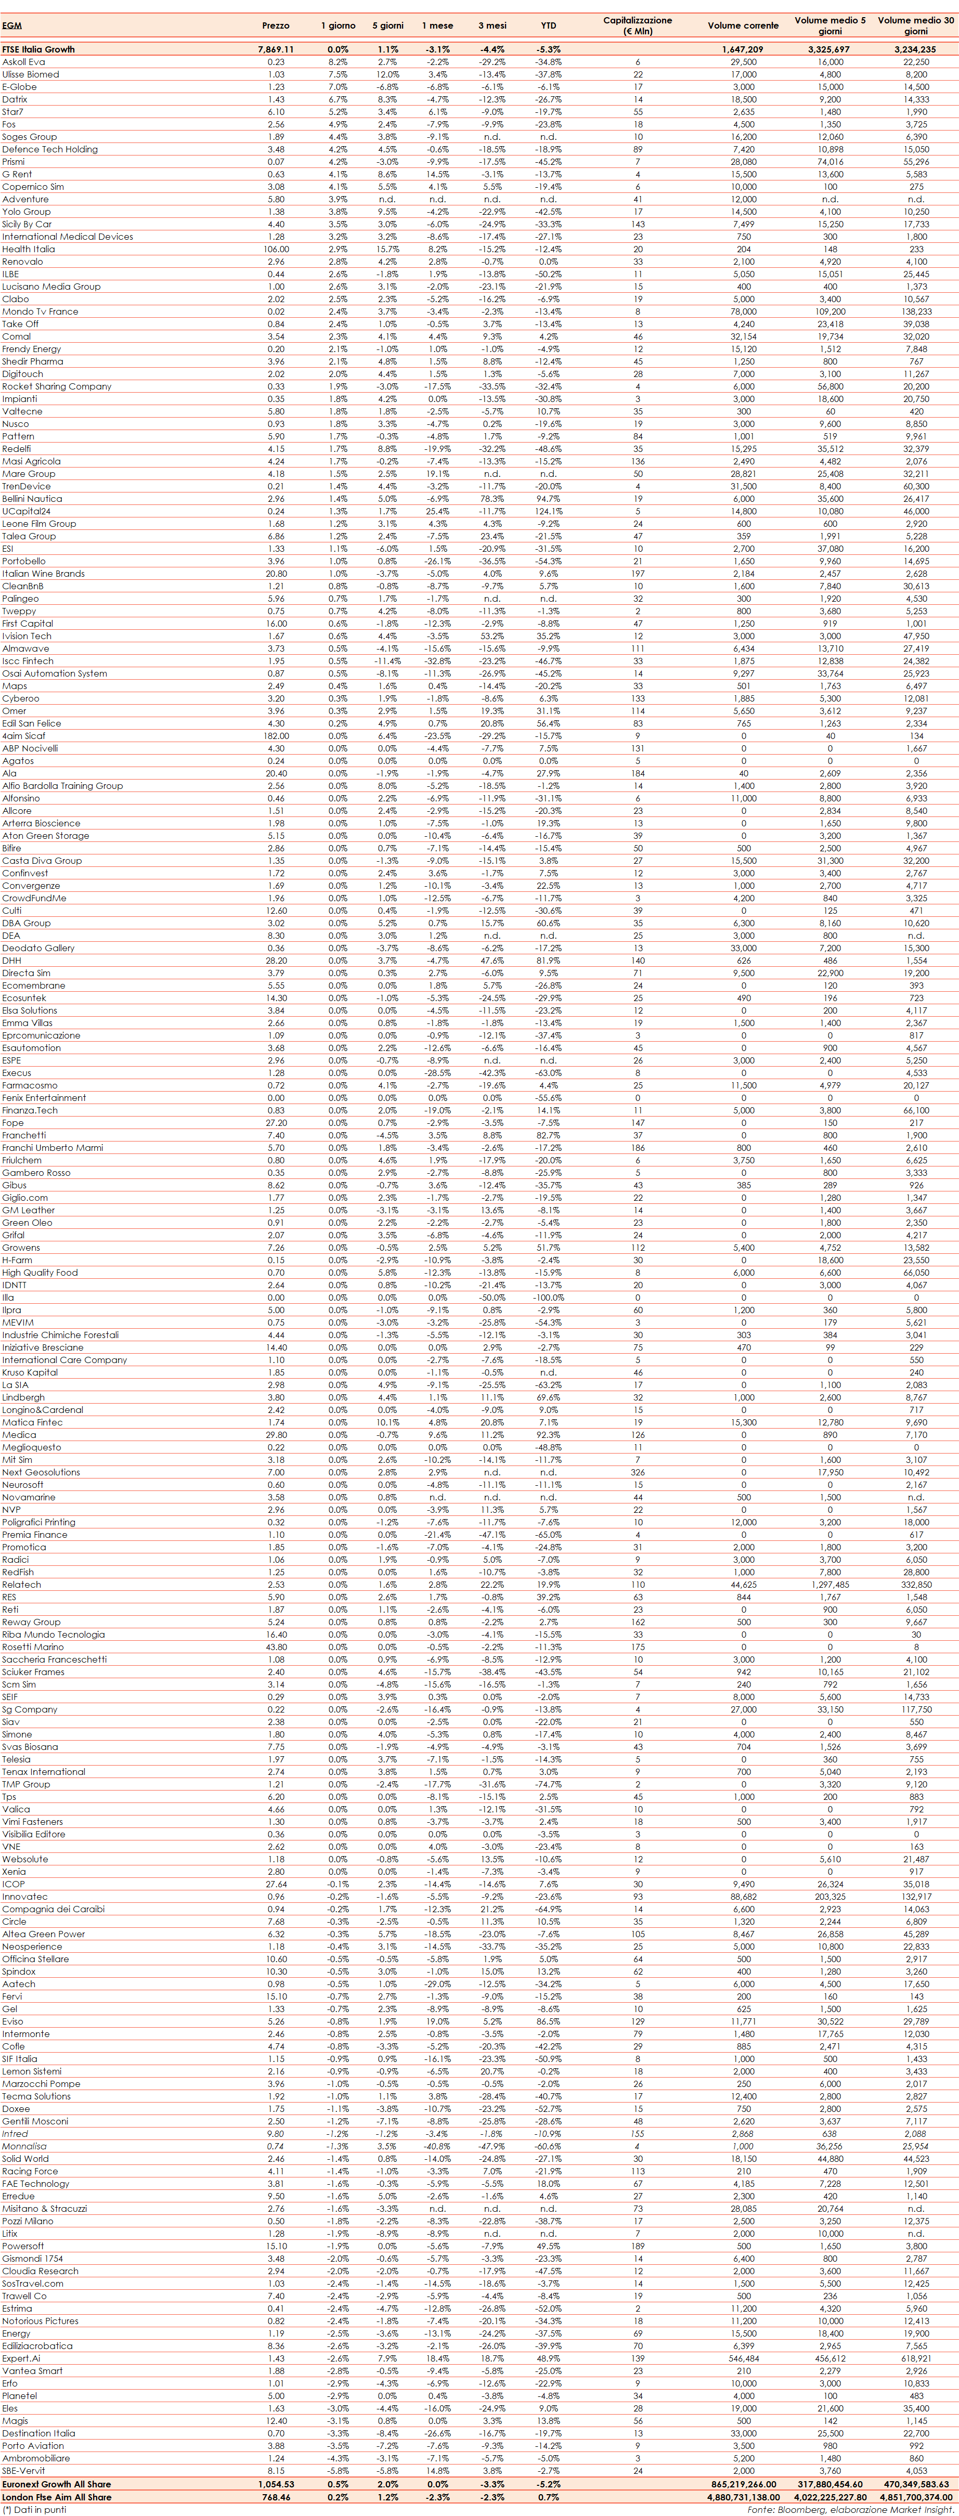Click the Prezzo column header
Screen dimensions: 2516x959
(x=276, y=25)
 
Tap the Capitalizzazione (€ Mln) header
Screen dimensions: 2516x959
(x=638, y=25)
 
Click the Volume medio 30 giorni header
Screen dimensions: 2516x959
(x=915, y=25)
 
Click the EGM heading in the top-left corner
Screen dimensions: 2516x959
(x=12, y=25)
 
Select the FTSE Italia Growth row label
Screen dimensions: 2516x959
(x=38, y=49)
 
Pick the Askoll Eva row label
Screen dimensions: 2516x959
(x=23, y=61)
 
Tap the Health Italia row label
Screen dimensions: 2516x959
(x=28, y=249)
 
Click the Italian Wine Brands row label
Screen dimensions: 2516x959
(x=43, y=573)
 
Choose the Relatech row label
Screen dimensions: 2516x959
(x=21, y=1584)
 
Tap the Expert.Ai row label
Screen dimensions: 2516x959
(x=21, y=2358)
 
